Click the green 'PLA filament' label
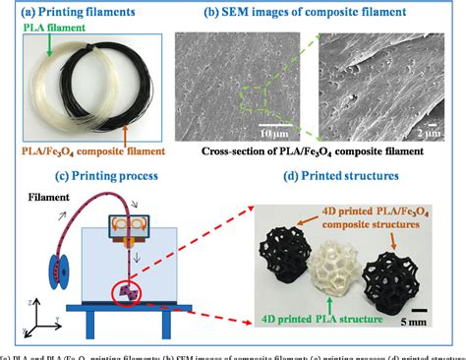[x=39, y=30]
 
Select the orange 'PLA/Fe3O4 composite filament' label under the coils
[x=78, y=152]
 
